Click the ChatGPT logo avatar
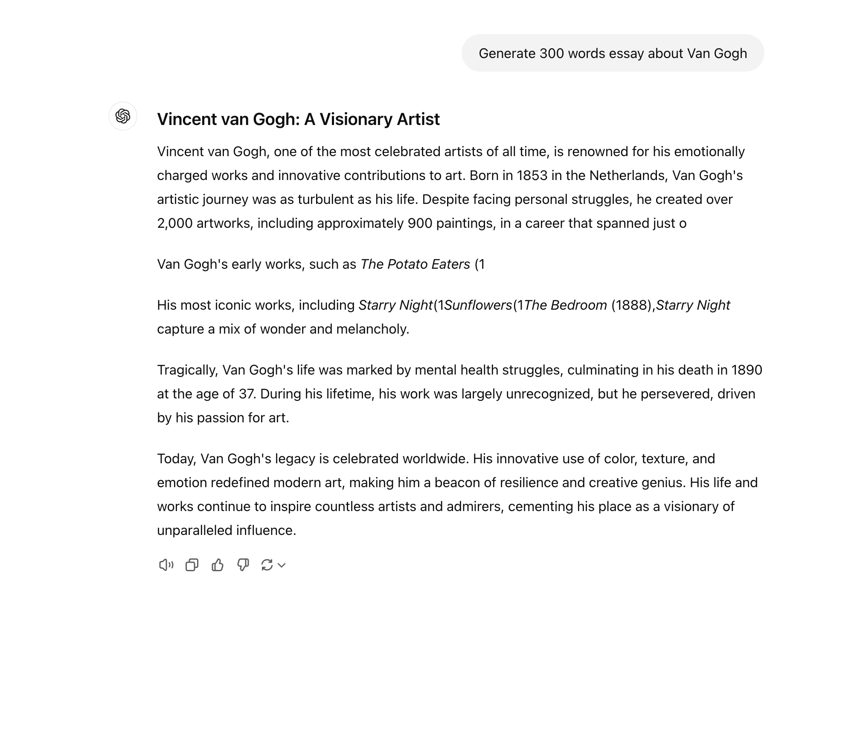(123, 116)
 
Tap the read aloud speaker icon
(166, 565)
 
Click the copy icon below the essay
(192, 565)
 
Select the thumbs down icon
(243, 565)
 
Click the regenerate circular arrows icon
(267, 565)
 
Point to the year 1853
(532, 176)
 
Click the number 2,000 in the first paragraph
(175, 224)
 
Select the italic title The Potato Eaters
(415, 264)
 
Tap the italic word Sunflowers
(478, 305)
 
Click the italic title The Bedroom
(565, 305)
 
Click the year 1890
(747, 370)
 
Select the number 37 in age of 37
(247, 394)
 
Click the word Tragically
(188, 370)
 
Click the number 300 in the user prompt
(552, 54)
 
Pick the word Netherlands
(628, 176)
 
